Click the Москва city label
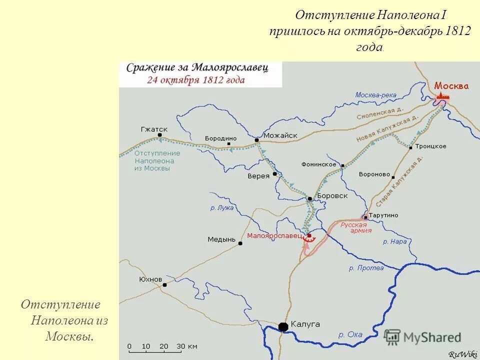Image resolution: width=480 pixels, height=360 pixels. pos(451,85)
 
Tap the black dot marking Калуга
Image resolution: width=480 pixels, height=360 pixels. pos(283,327)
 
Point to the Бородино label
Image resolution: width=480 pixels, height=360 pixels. pos(220,138)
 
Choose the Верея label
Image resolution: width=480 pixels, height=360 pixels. pos(258,176)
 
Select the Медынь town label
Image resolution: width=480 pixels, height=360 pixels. pos(221,239)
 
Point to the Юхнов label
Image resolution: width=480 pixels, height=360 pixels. pos(150,279)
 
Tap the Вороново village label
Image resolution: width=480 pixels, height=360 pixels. pos(374,174)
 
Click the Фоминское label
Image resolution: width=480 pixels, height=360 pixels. pos(318,164)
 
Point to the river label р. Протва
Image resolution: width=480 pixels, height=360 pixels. pos(366,268)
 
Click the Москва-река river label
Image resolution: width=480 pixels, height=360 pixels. pos(375,95)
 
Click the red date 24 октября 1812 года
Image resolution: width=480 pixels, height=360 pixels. pos(195,80)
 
